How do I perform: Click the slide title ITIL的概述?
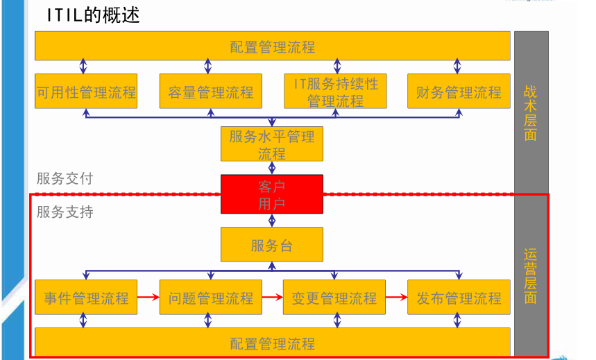tap(93, 15)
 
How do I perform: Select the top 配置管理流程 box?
tap(273, 46)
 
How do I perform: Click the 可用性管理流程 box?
tap(86, 92)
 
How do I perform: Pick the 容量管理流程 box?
tap(211, 92)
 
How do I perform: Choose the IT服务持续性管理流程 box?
tap(336, 92)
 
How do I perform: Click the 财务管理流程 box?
tap(459, 92)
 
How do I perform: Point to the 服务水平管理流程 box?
tap(272, 144)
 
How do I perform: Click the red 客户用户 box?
tap(272, 194)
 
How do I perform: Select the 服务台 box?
tap(272, 245)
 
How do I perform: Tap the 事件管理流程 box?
tap(86, 298)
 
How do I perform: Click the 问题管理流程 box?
tap(211, 298)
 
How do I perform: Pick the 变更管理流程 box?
tap(334, 298)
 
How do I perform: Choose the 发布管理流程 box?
tap(459, 298)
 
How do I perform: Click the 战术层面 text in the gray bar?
tap(531, 112)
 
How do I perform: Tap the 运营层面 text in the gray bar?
tap(531, 276)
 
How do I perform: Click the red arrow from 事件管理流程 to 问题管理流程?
tap(148, 298)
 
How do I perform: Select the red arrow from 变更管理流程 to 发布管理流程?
tap(396, 298)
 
